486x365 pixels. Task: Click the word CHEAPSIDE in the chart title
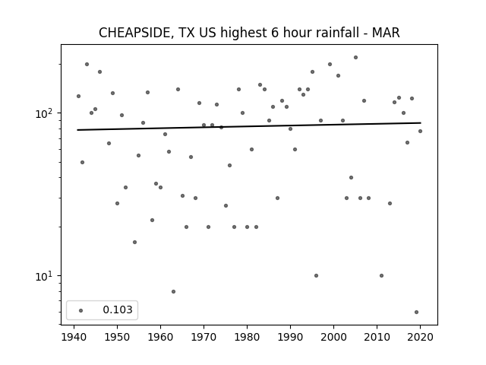[x=134, y=33]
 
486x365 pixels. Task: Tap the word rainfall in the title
[x=335, y=33]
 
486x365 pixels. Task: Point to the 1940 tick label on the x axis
[x=74, y=337]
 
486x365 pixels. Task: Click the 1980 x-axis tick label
[x=247, y=337]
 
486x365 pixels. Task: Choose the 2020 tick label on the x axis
[x=420, y=337]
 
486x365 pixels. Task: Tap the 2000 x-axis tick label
[x=334, y=337]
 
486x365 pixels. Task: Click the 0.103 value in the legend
[x=118, y=309]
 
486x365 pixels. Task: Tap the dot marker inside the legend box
[x=81, y=310]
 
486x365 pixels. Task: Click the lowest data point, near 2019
[x=416, y=313]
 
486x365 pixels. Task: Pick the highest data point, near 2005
[x=356, y=58]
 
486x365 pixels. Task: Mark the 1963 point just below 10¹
[x=174, y=292]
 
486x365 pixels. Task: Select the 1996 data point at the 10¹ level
[x=316, y=275]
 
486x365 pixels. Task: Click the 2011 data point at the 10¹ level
[x=381, y=275]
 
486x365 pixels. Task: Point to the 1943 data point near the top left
[x=87, y=64]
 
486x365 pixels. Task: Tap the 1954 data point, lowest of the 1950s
[x=134, y=242]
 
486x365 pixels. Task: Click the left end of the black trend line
[x=77, y=130]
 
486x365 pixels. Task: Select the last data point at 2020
[x=420, y=132]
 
